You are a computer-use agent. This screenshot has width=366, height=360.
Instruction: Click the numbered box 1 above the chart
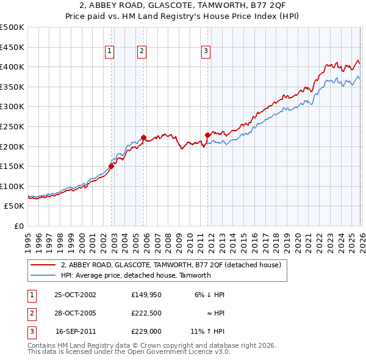[109, 52]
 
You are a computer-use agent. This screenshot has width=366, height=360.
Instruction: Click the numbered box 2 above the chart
[142, 52]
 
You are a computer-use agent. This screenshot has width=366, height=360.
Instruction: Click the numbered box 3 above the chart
[206, 52]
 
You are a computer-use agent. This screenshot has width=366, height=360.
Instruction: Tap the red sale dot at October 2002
[112, 166]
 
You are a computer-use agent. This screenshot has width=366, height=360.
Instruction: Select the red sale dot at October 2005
[144, 137]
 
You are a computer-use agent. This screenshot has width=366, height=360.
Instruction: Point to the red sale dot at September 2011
[208, 135]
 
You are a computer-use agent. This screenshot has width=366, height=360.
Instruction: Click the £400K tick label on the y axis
[13, 67]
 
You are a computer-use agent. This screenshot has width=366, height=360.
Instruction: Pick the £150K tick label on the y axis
[13, 166]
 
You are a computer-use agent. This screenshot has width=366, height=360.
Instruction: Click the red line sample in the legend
[42, 265]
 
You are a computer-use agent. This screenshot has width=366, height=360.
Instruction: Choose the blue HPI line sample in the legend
[42, 275]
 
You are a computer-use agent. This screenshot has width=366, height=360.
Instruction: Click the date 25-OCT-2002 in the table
[75, 295]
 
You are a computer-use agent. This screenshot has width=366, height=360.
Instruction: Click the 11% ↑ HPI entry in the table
[207, 333]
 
